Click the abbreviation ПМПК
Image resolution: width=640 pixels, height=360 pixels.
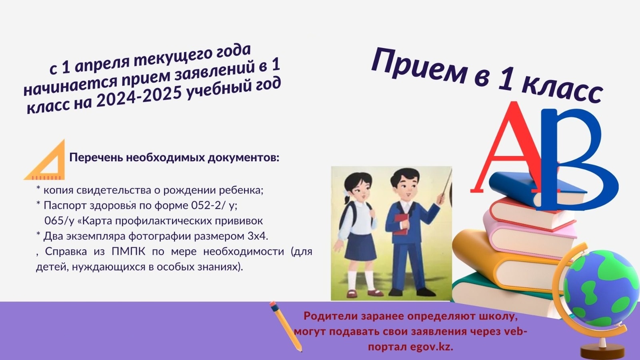pos(128,252)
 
